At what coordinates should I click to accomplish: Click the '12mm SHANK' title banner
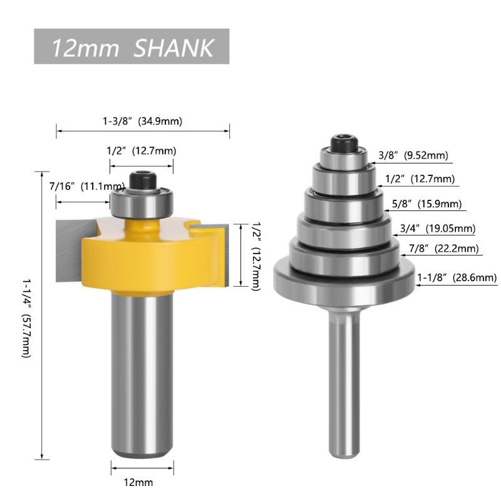click(x=132, y=46)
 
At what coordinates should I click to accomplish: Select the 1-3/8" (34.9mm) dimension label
click(x=143, y=121)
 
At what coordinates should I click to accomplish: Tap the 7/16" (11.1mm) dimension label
click(x=87, y=186)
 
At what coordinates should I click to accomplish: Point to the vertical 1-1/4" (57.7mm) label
click(x=27, y=318)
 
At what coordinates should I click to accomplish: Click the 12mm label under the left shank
click(x=138, y=482)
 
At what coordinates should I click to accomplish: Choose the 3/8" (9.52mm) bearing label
click(x=413, y=155)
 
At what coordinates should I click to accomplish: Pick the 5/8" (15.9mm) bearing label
click(x=427, y=204)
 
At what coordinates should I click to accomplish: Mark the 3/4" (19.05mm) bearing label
click(x=438, y=229)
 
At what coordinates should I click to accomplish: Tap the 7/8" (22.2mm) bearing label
click(x=444, y=249)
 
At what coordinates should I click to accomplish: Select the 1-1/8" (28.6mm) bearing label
click(x=457, y=277)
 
